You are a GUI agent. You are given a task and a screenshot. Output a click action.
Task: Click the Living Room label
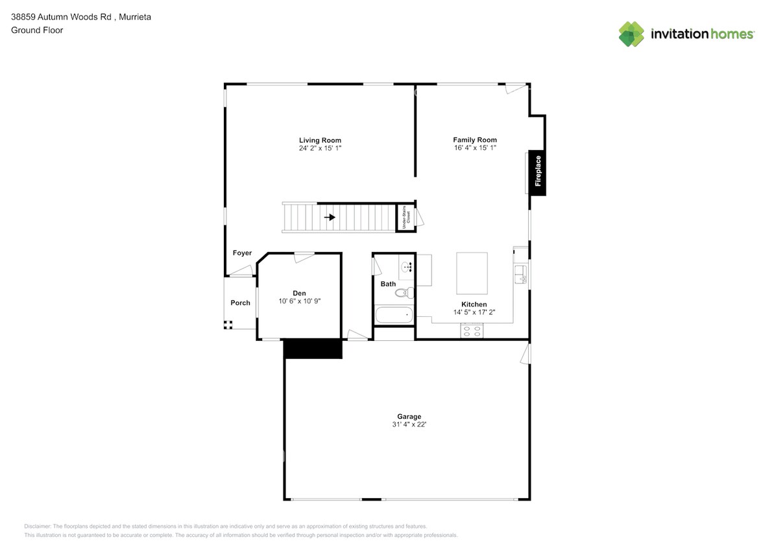pos(320,140)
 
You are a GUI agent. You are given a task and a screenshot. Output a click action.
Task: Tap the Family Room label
pos(474,140)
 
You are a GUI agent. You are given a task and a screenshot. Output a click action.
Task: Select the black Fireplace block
pos(537,173)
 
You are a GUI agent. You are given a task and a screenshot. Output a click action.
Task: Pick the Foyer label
pos(242,253)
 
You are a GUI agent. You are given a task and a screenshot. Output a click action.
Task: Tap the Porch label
pos(240,303)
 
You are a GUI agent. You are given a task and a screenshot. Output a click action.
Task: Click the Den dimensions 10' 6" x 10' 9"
pos(299,301)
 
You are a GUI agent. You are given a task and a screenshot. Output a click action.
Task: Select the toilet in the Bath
pos(403,293)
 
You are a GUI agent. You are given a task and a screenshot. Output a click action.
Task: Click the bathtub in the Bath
pos(394,315)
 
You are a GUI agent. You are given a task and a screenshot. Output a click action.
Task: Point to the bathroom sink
pos(407,266)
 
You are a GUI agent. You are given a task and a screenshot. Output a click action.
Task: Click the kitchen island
pos(472,273)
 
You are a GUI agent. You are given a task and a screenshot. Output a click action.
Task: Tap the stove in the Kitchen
pos(472,330)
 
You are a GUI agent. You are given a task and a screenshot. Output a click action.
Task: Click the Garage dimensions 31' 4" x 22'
pos(409,425)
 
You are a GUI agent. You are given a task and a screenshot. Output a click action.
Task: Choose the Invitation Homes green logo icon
pos(631,34)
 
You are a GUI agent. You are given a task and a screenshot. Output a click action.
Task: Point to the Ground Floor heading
pos(37,30)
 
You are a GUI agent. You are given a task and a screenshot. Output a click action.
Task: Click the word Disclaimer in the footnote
pos(38,526)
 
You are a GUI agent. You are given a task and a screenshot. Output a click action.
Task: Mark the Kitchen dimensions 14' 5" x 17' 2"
pos(474,312)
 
